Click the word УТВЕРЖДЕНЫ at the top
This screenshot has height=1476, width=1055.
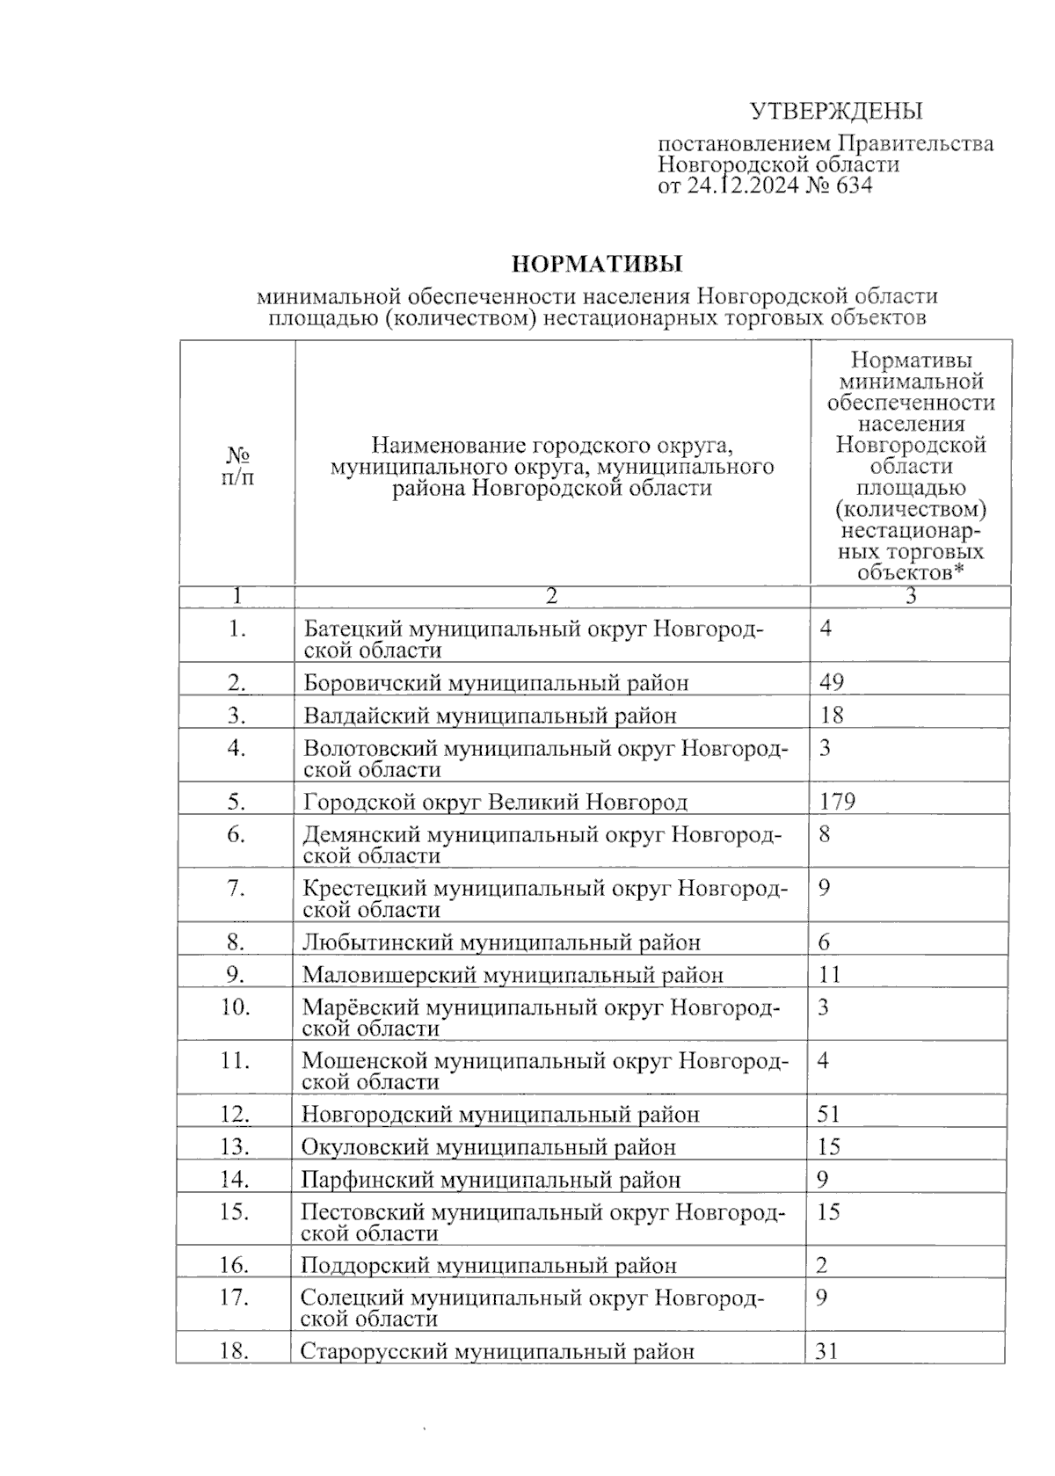pos(835,112)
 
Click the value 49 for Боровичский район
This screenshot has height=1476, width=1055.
pos(831,682)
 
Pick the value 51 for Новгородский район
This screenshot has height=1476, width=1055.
pos(828,1114)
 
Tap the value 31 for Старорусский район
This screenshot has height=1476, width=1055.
pos(827,1351)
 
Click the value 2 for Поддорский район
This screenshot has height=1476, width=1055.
pos(822,1266)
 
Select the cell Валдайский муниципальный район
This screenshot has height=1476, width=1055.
pos(490,716)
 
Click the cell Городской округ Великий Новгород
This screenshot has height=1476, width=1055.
pos(495,802)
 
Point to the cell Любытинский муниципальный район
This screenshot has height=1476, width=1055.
pos(501,942)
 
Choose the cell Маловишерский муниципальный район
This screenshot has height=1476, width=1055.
pos(513,975)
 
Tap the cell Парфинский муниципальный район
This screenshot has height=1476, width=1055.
pos(491,1180)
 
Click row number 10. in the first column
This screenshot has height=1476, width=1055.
pos(236,1007)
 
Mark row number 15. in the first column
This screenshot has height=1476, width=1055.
pos(235,1211)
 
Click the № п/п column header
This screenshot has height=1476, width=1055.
pos(237,466)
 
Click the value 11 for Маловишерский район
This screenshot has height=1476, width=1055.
pos(829,974)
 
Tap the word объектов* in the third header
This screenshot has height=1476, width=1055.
pos(911,573)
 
